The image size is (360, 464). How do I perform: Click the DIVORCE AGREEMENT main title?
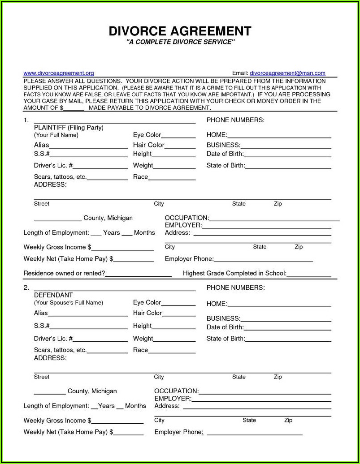(x=180, y=31)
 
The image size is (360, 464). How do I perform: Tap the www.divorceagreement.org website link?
(x=58, y=73)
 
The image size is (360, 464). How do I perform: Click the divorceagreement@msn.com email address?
(x=287, y=73)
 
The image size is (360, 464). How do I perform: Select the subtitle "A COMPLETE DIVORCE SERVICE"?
(x=180, y=42)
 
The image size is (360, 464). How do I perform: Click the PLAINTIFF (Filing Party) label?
(x=69, y=128)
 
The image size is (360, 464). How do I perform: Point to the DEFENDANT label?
(x=53, y=295)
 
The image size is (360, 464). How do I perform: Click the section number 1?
(x=26, y=120)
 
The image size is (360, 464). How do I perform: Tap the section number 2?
(x=26, y=288)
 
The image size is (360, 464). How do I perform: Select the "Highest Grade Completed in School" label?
(x=234, y=273)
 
